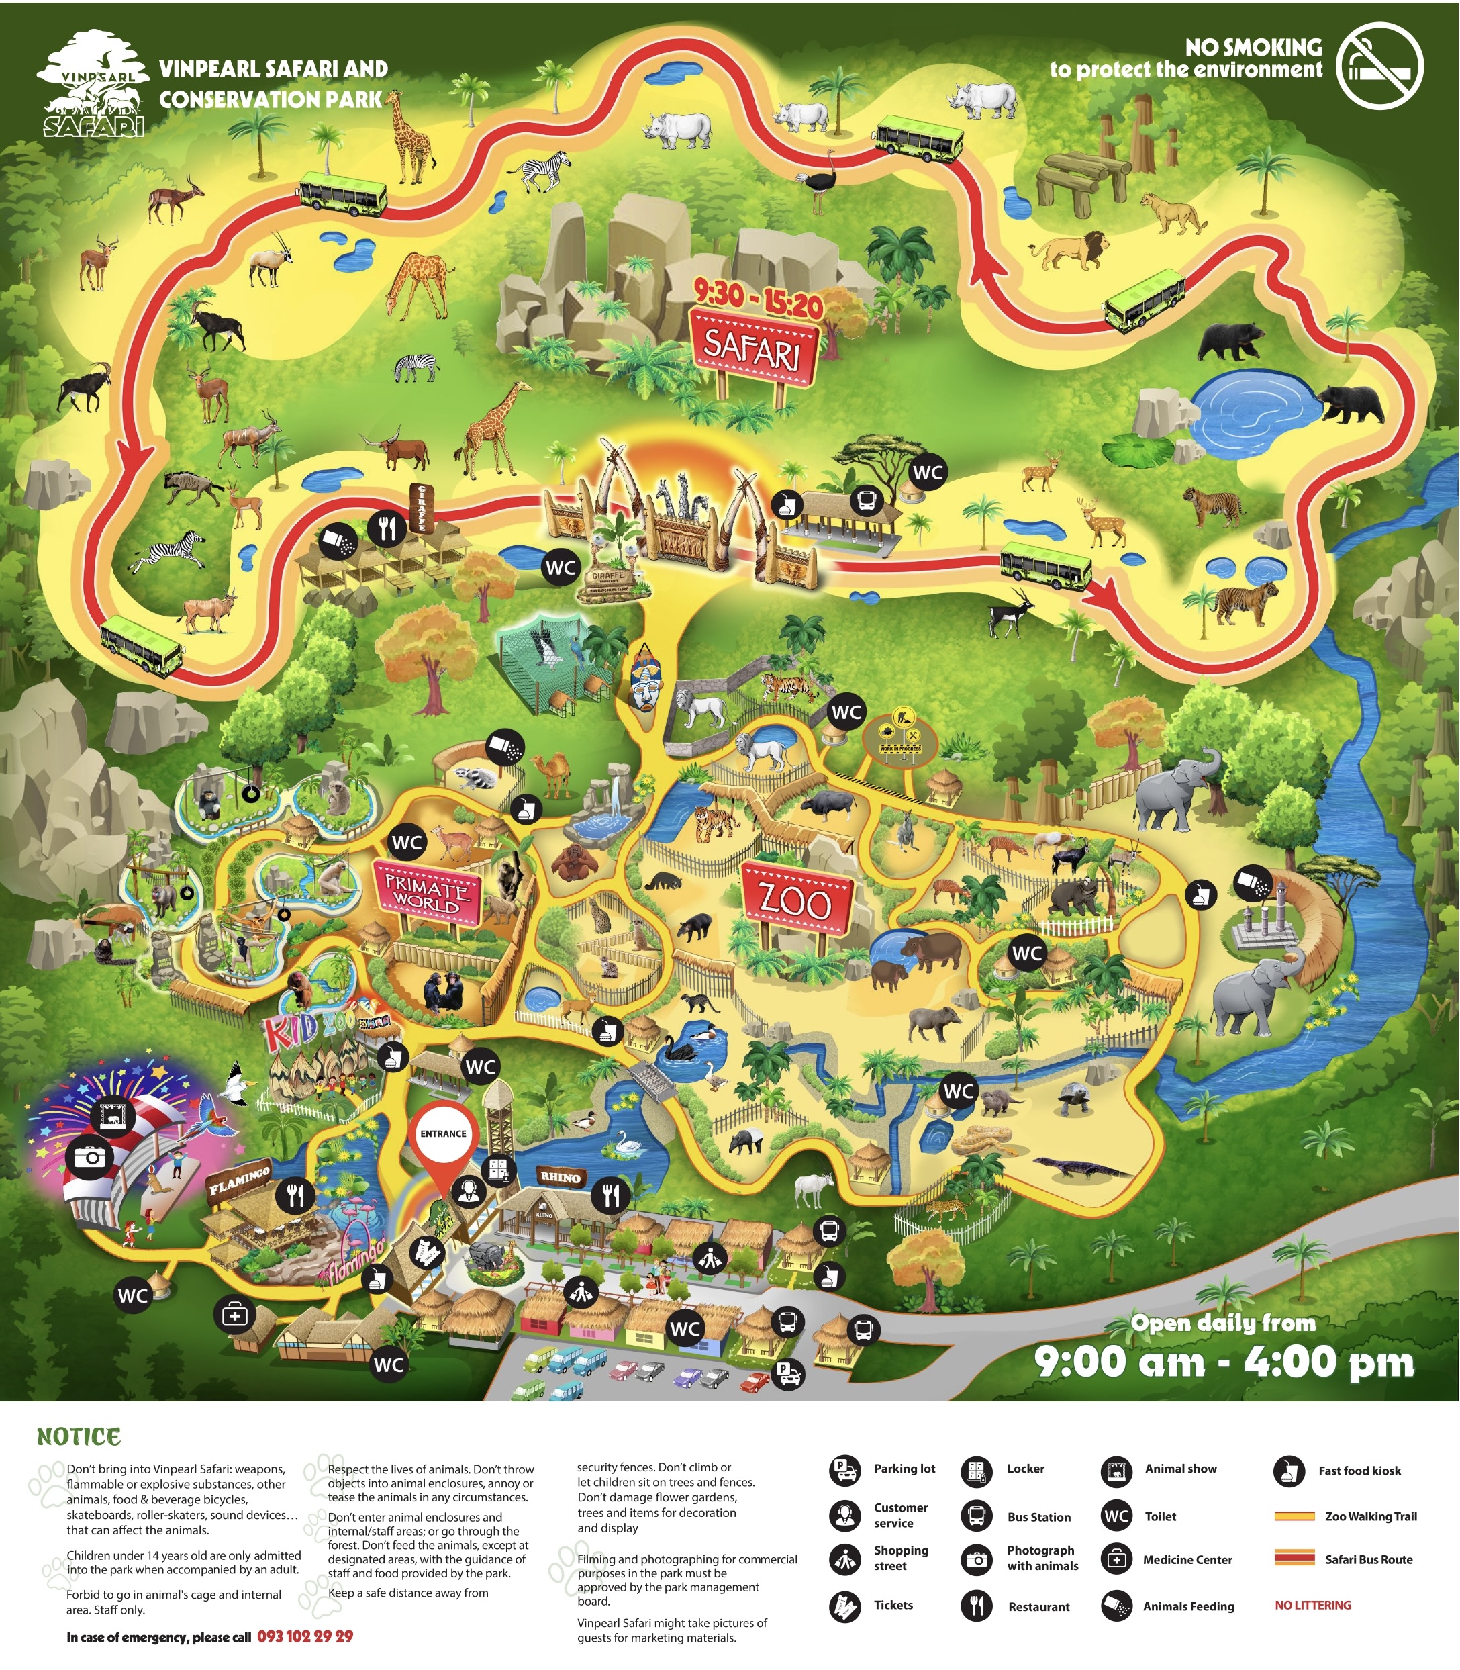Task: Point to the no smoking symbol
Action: click(1380, 65)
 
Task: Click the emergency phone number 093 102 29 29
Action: click(305, 1636)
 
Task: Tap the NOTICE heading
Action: click(79, 1436)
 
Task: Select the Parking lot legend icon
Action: click(844, 1469)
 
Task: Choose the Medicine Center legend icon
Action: click(1116, 1559)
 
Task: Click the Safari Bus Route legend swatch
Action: click(1295, 1559)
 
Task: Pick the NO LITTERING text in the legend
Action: click(1312, 1605)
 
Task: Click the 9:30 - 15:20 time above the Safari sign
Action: click(758, 297)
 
